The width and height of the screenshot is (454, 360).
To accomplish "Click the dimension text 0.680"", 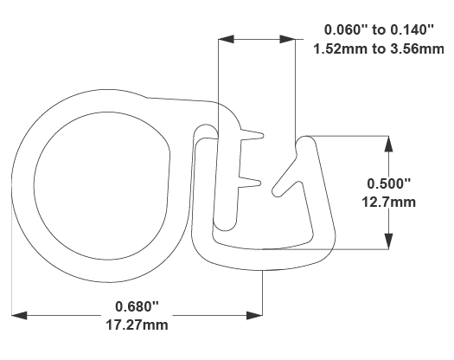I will click(138, 306).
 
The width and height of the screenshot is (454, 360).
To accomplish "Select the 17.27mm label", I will click(138, 325).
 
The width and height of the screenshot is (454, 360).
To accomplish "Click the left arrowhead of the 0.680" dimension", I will click(19, 315).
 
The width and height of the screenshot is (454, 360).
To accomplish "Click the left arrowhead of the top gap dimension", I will click(225, 38).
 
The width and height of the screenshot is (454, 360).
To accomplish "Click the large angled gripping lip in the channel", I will click(289, 173).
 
